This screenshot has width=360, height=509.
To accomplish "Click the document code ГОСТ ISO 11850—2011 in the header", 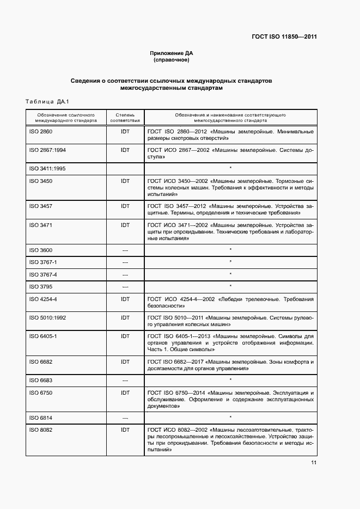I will [x=284, y=37].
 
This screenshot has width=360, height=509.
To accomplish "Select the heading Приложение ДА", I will [x=172, y=53].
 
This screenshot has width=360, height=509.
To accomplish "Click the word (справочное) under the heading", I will [x=172, y=59].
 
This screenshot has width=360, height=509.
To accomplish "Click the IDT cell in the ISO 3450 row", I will [x=125, y=181].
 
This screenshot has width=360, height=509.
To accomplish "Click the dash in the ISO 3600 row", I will [x=125, y=250].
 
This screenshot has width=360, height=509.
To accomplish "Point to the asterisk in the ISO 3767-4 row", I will [x=230, y=274].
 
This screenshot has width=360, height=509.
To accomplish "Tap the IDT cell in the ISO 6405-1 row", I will [x=125, y=336].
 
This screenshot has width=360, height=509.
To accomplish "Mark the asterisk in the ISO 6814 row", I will [x=230, y=417].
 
